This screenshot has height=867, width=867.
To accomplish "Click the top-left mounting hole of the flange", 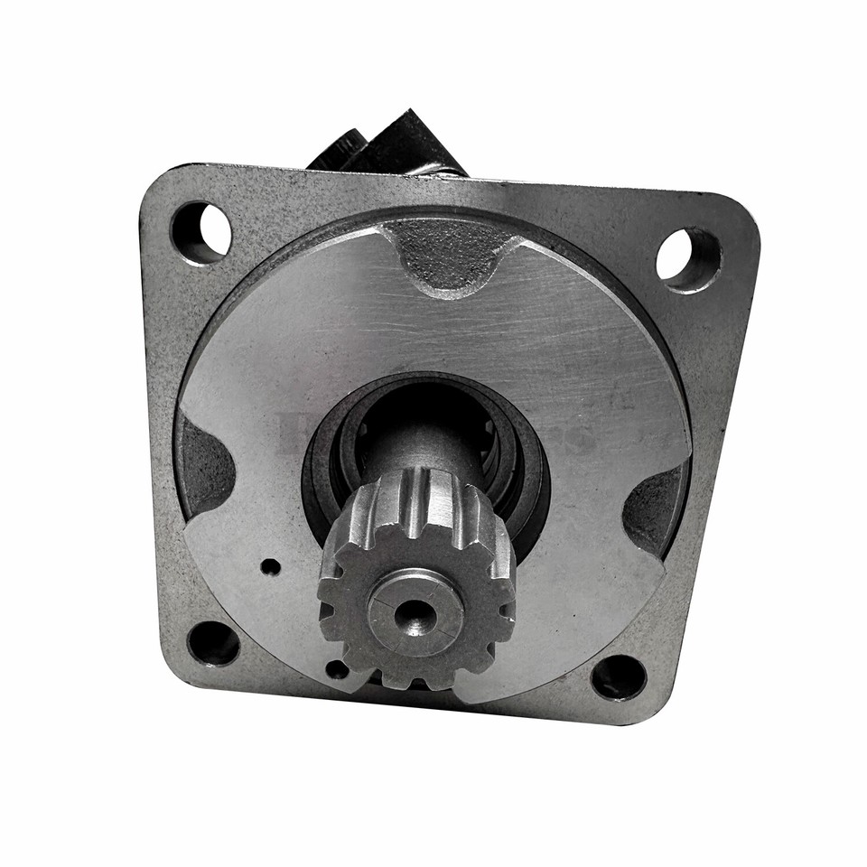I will pos(200,231).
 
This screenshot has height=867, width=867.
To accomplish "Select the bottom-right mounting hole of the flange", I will pos(619,677).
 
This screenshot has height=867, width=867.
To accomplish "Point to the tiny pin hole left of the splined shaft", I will pos(270,567).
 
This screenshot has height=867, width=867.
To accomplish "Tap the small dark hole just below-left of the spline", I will pos(336,669).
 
